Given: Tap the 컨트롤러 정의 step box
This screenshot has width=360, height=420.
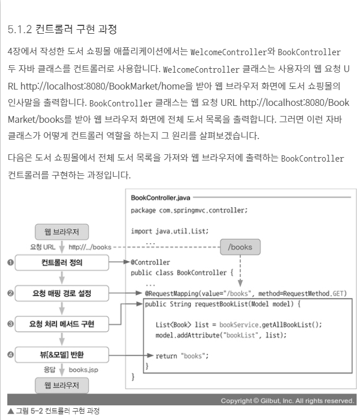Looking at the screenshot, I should [x=61, y=262].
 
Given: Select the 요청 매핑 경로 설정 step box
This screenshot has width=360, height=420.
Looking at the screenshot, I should [x=61, y=293].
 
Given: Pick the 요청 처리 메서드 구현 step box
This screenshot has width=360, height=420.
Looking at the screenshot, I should [x=62, y=324].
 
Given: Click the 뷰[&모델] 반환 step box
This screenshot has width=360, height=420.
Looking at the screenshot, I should [x=61, y=355].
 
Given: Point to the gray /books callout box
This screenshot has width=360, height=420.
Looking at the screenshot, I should [x=240, y=246].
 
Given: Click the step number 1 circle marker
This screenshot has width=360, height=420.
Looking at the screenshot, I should [x=9, y=263].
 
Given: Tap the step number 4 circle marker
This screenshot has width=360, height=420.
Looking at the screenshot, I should [x=9, y=355].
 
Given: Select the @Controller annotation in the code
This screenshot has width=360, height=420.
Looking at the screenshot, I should [x=150, y=262].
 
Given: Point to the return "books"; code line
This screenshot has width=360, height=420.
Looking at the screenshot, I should [x=182, y=355].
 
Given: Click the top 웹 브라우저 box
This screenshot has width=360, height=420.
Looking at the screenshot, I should [x=61, y=231].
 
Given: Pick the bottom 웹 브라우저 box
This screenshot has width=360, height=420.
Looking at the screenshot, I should [x=61, y=386].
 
